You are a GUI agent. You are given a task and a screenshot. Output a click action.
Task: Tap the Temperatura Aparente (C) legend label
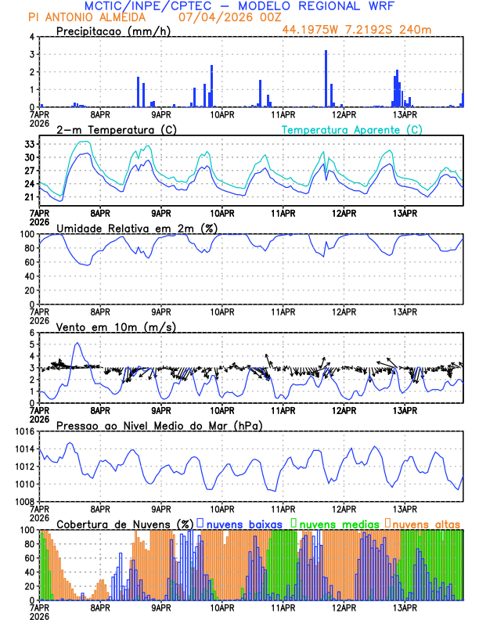click(x=352, y=129)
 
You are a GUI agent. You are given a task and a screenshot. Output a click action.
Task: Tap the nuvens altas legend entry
click(x=427, y=523)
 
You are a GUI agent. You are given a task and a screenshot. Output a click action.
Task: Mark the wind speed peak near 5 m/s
click(x=77, y=343)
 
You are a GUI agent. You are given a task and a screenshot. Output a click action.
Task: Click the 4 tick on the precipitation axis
click(x=31, y=37)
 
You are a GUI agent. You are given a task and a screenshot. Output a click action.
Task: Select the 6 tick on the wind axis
click(x=31, y=333)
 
